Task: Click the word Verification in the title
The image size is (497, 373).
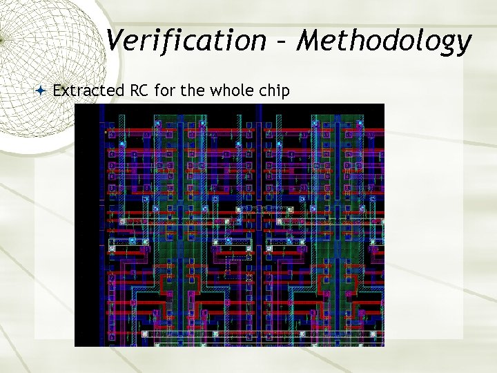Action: (185, 41)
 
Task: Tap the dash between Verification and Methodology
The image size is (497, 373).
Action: (280, 43)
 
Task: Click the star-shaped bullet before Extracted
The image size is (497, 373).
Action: (41, 90)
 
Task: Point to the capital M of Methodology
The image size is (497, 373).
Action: (309, 41)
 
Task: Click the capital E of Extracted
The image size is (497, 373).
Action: (57, 90)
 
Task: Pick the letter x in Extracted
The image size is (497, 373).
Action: (65, 91)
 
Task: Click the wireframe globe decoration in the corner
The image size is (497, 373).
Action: (41, 41)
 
